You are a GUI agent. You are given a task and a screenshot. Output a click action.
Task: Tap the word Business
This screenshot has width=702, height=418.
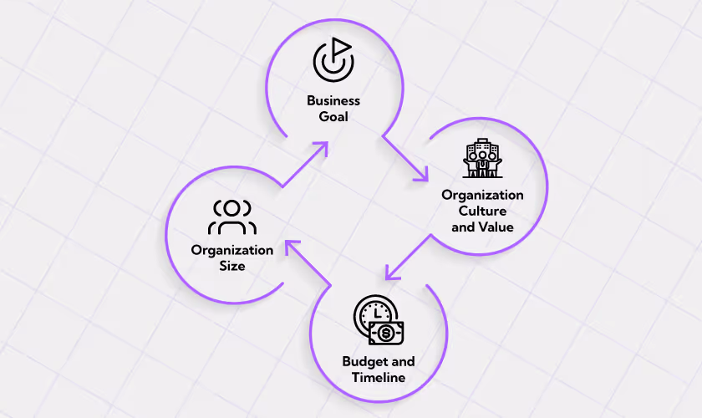(x=333, y=101)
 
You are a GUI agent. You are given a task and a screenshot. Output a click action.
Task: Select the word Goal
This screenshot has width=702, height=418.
(x=333, y=116)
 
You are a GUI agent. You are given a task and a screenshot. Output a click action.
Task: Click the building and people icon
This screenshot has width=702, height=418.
(x=481, y=158)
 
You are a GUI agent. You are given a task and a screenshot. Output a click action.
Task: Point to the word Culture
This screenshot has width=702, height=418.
(x=482, y=211)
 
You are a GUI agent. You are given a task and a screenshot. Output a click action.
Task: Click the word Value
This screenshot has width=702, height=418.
(x=496, y=226)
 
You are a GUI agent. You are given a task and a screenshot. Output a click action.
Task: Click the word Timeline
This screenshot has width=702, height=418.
(x=379, y=377)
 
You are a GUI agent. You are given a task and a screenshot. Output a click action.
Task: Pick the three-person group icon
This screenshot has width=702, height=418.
(x=232, y=217)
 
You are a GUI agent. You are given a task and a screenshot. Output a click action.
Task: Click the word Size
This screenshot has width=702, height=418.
(x=232, y=266)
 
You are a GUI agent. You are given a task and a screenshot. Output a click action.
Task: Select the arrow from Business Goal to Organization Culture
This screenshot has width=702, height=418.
(x=406, y=158)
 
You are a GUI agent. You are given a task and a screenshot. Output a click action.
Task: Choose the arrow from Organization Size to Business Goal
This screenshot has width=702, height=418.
(x=304, y=164)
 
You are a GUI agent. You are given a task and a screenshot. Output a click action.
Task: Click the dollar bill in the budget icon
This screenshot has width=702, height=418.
(x=386, y=334)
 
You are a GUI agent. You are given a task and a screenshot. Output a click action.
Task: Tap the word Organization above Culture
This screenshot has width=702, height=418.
(x=482, y=196)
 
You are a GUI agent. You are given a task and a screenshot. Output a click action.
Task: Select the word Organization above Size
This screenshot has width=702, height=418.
(x=232, y=250)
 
